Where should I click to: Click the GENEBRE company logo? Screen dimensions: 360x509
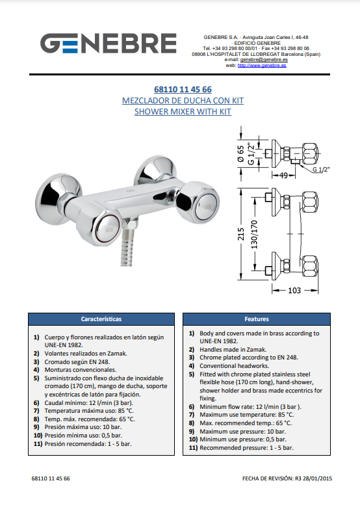tap(109, 43)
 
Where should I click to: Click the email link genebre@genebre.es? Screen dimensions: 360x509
tap(264, 60)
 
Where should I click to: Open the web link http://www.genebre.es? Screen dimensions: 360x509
tap(262, 65)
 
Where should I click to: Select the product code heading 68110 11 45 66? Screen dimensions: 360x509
tap(183, 89)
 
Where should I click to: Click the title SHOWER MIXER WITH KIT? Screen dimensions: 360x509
tap(183, 111)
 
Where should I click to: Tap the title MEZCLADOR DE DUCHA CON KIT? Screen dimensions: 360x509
tap(183, 100)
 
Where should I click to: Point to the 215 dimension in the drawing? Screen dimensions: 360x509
tap(241, 234)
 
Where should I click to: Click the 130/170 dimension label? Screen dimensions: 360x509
tap(254, 235)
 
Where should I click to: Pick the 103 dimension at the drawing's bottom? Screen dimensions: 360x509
tap(294, 290)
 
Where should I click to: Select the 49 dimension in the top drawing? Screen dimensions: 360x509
tap(284, 176)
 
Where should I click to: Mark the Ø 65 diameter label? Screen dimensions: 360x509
tap(240, 154)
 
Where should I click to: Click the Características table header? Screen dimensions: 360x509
tap(101, 319)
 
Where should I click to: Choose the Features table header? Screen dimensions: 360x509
tap(257, 319)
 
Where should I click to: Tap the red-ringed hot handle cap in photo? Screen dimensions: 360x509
tap(109, 229)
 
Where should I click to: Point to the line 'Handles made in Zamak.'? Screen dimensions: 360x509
tap(233, 350)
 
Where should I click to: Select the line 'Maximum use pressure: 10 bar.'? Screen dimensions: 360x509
tap(242, 432)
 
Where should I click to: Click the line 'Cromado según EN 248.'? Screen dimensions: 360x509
tap(77, 361)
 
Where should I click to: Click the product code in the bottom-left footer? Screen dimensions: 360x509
tap(51, 478)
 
